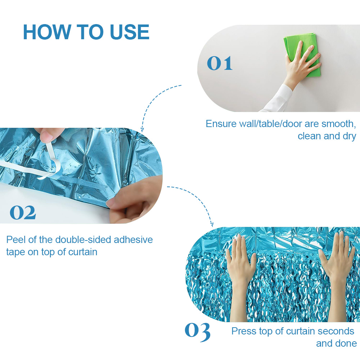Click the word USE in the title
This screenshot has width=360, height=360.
click(x=130, y=32)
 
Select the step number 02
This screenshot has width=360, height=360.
click(x=23, y=212)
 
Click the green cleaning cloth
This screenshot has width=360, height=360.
click(x=302, y=54)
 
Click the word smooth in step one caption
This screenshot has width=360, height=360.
click(x=339, y=124)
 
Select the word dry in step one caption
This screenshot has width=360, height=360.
click(x=349, y=136)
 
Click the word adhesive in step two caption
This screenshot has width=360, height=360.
click(x=133, y=240)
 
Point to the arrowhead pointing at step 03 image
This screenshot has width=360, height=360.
click(x=212, y=224)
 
